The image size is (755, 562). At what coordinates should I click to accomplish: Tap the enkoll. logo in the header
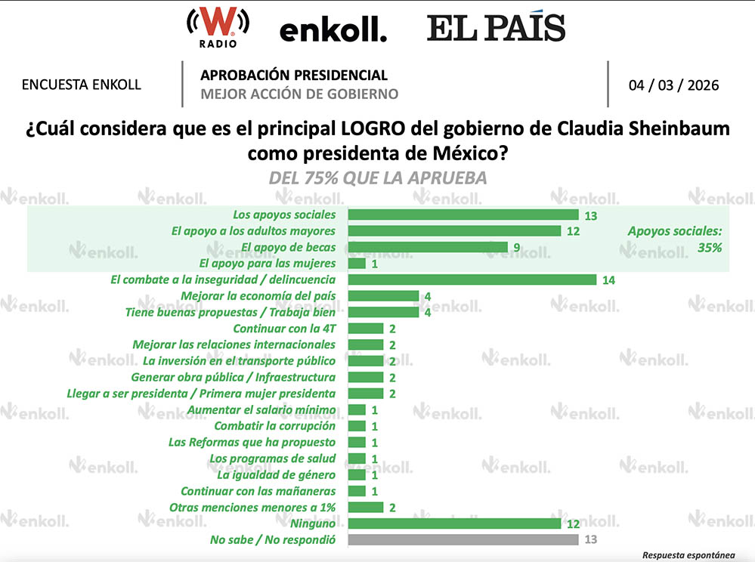coord(333,31)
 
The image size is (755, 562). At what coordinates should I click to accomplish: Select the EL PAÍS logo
coord(496,28)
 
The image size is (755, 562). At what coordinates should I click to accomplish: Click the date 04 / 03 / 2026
coord(673,85)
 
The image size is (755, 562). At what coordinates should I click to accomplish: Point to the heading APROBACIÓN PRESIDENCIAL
coord(294,76)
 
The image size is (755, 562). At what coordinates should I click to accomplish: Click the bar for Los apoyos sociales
coord(463,215)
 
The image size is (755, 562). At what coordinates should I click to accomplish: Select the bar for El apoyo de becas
coord(427,247)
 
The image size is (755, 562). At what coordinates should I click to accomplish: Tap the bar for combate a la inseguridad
coord(472,279)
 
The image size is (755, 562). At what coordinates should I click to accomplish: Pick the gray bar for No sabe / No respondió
coord(463,539)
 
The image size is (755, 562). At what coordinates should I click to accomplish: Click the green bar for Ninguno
coord(453,523)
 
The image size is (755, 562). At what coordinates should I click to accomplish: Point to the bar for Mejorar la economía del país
coord(382,295)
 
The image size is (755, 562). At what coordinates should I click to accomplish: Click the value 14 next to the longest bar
coord(609,280)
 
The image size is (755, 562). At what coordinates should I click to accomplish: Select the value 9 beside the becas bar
coord(518,248)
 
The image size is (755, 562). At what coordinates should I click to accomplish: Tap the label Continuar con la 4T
coord(284,329)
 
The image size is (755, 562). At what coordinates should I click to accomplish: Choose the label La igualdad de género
coord(276,474)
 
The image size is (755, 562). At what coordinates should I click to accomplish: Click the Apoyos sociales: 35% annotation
coord(675,239)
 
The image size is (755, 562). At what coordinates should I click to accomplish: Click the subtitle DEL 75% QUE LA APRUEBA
coord(377,178)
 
